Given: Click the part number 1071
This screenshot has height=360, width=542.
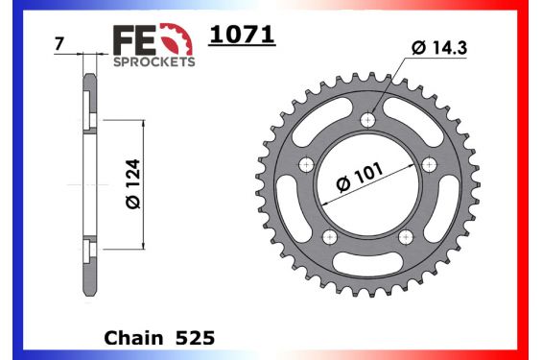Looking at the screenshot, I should (x=242, y=36).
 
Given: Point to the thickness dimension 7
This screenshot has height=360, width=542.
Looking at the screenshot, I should (x=59, y=45).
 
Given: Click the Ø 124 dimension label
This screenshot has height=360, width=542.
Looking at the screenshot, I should (x=132, y=184).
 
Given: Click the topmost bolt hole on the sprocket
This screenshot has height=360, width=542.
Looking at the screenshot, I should (x=370, y=120).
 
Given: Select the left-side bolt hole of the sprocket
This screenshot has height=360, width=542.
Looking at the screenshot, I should (x=307, y=165).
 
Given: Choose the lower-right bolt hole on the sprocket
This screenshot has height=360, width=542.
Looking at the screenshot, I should (x=409, y=237).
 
